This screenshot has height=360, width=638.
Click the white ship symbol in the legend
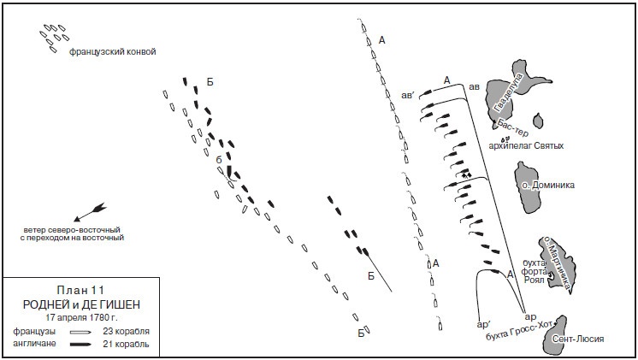(85, 331)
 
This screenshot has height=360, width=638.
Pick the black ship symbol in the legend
(85, 344)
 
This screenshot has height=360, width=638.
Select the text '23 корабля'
(129, 331)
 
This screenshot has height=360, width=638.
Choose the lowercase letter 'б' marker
(219, 160)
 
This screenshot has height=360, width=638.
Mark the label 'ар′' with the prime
(482, 325)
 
